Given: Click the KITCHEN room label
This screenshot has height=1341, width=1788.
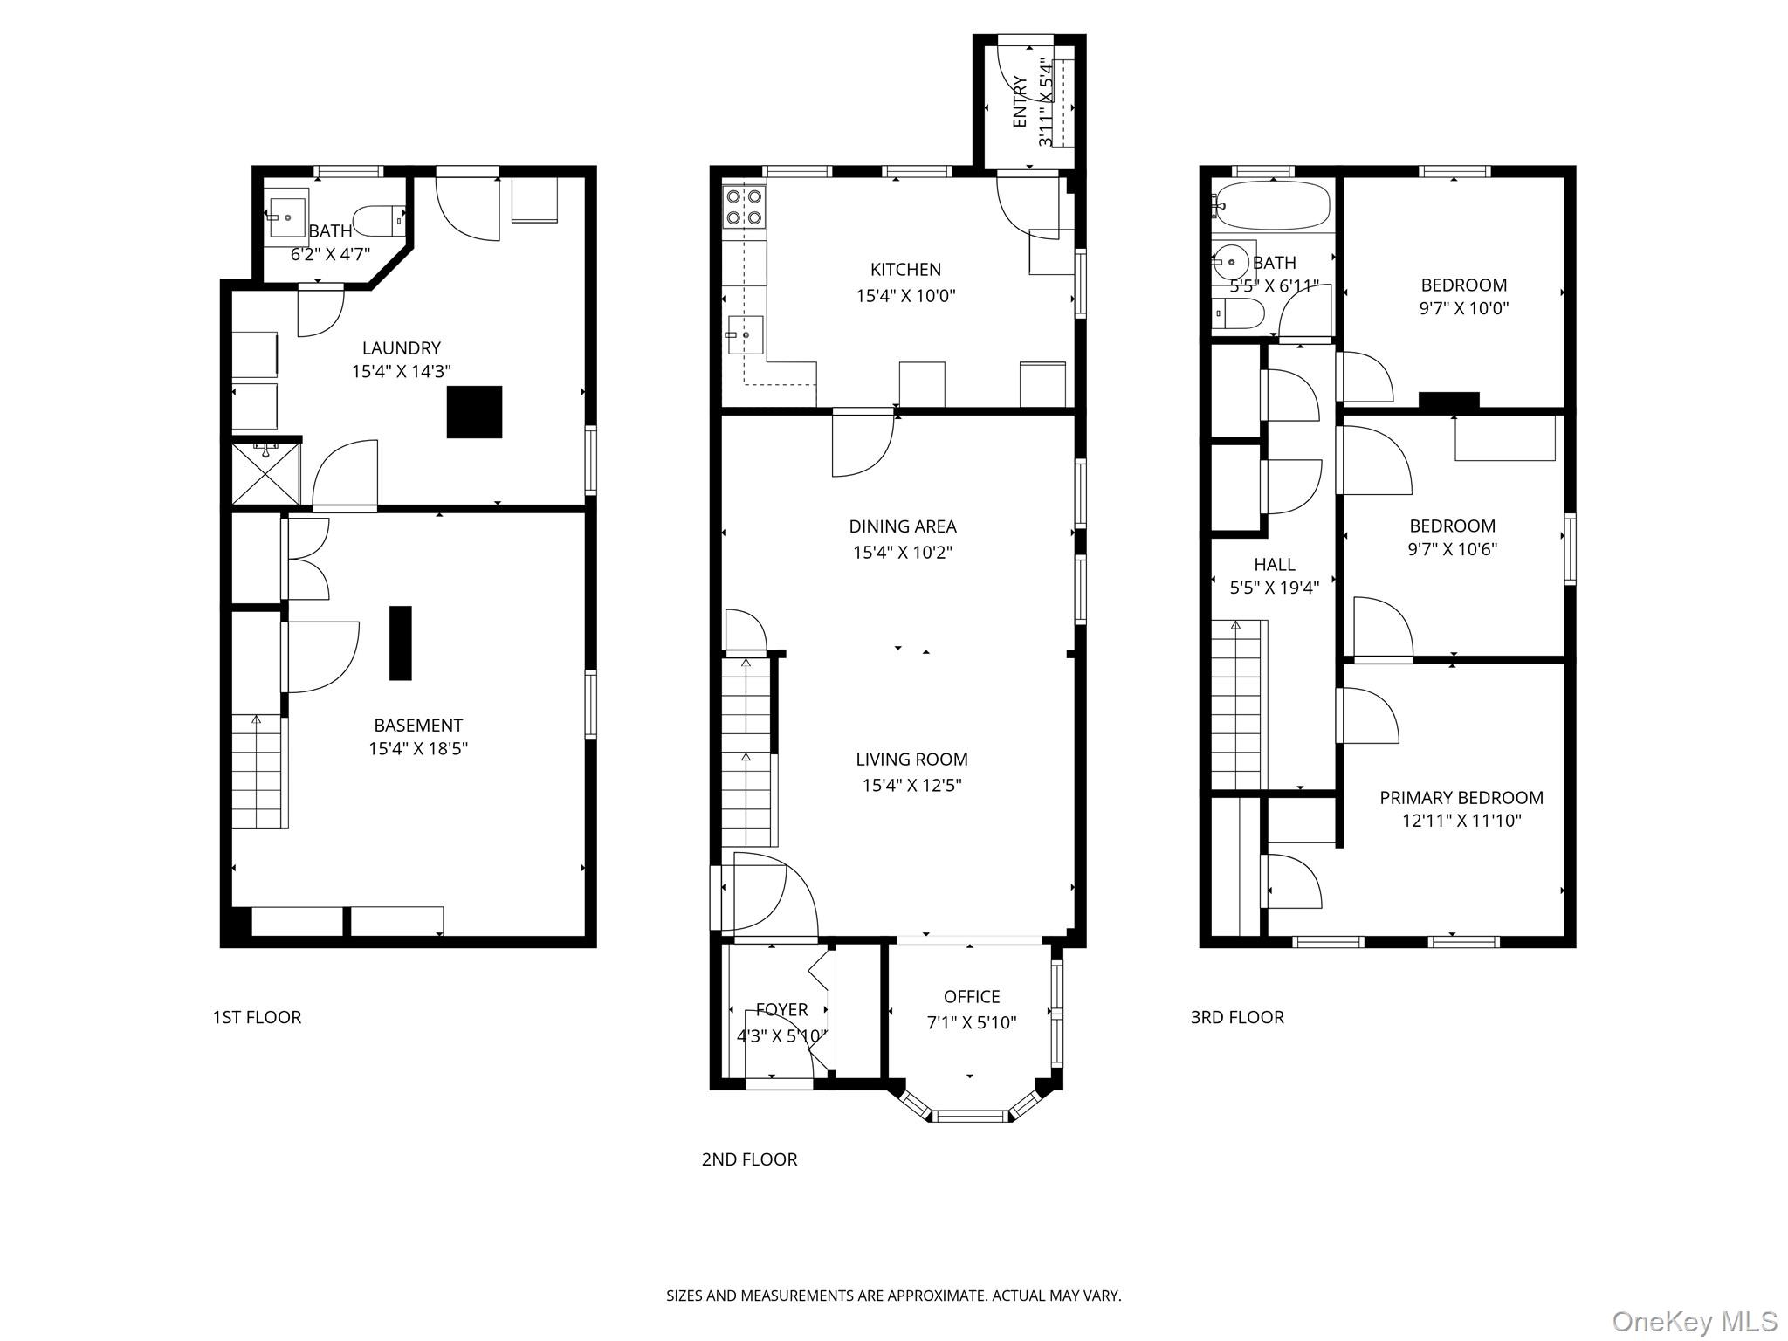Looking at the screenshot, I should pyautogui.click(x=905, y=270).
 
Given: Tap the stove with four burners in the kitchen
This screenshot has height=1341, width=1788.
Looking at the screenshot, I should pyautogui.click(x=745, y=207).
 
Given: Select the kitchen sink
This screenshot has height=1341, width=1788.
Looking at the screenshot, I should pyautogui.click(x=744, y=335).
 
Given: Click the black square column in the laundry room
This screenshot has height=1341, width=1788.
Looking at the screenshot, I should pyautogui.click(x=474, y=411).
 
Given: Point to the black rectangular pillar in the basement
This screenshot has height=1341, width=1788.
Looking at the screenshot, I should pyautogui.click(x=400, y=643).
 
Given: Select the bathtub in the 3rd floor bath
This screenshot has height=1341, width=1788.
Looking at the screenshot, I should pyautogui.click(x=1273, y=205).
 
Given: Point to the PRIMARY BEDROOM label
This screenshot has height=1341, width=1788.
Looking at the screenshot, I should pyautogui.click(x=1461, y=798).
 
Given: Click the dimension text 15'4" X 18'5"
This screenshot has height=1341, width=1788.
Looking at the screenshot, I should pyautogui.click(x=418, y=748).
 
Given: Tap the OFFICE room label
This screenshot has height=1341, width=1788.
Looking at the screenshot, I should pyautogui.click(x=971, y=997).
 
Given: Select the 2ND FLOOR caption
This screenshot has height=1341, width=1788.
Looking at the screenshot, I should pyautogui.click(x=749, y=1159).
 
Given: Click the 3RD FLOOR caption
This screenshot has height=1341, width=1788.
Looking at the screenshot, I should pyautogui.click(x=1236, y=1017).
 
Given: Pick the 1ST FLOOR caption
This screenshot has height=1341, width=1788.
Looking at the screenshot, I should pyautogui.click(x=257, y=1017).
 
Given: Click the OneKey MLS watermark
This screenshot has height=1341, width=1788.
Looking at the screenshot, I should pyautogui.click(x=1694, y=1322).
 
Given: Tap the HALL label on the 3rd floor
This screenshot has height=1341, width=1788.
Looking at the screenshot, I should pyautogui.click(x=1274, y=565).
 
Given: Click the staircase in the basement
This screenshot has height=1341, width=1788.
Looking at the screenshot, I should pyautogui.click(x=258, y=771).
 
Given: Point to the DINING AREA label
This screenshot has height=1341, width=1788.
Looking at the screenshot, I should pyautogui.click(x=902, y=526).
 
